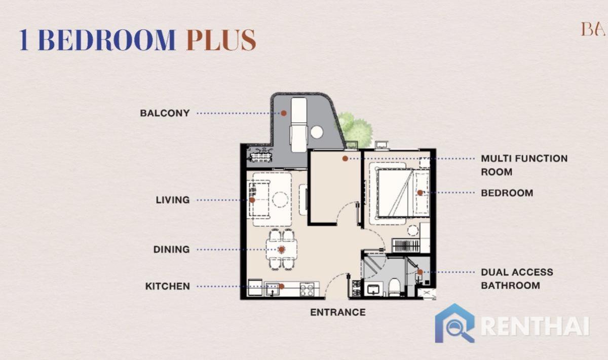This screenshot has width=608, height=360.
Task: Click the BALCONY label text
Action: (x=165, y=113)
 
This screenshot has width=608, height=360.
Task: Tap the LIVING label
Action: (x=172, y=200)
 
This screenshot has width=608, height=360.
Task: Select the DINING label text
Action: (x=171, y=249)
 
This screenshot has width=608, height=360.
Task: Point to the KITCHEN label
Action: (x=168, y=286)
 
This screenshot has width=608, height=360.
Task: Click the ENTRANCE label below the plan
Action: (x=337, y=312)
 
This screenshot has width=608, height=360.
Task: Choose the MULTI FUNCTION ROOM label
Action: (x=524, y=165)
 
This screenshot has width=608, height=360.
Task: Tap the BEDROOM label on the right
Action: (x=507, y=193)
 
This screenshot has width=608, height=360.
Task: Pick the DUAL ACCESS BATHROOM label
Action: (x=517, y=279)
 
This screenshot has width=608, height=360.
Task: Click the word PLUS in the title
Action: (x=221, y=40)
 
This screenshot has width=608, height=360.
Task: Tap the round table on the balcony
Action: (x=317, y=132)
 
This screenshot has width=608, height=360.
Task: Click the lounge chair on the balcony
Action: (x=298, y=124)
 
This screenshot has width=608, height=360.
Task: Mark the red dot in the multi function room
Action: (x=345, y=159)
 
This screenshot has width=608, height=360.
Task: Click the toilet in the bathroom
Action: (x=394, y=286)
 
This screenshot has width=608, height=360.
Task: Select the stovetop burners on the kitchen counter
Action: (x=307, y=289)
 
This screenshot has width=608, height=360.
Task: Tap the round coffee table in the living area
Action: (x=280, y=199)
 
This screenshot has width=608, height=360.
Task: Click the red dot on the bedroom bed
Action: (x=420, y=193)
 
